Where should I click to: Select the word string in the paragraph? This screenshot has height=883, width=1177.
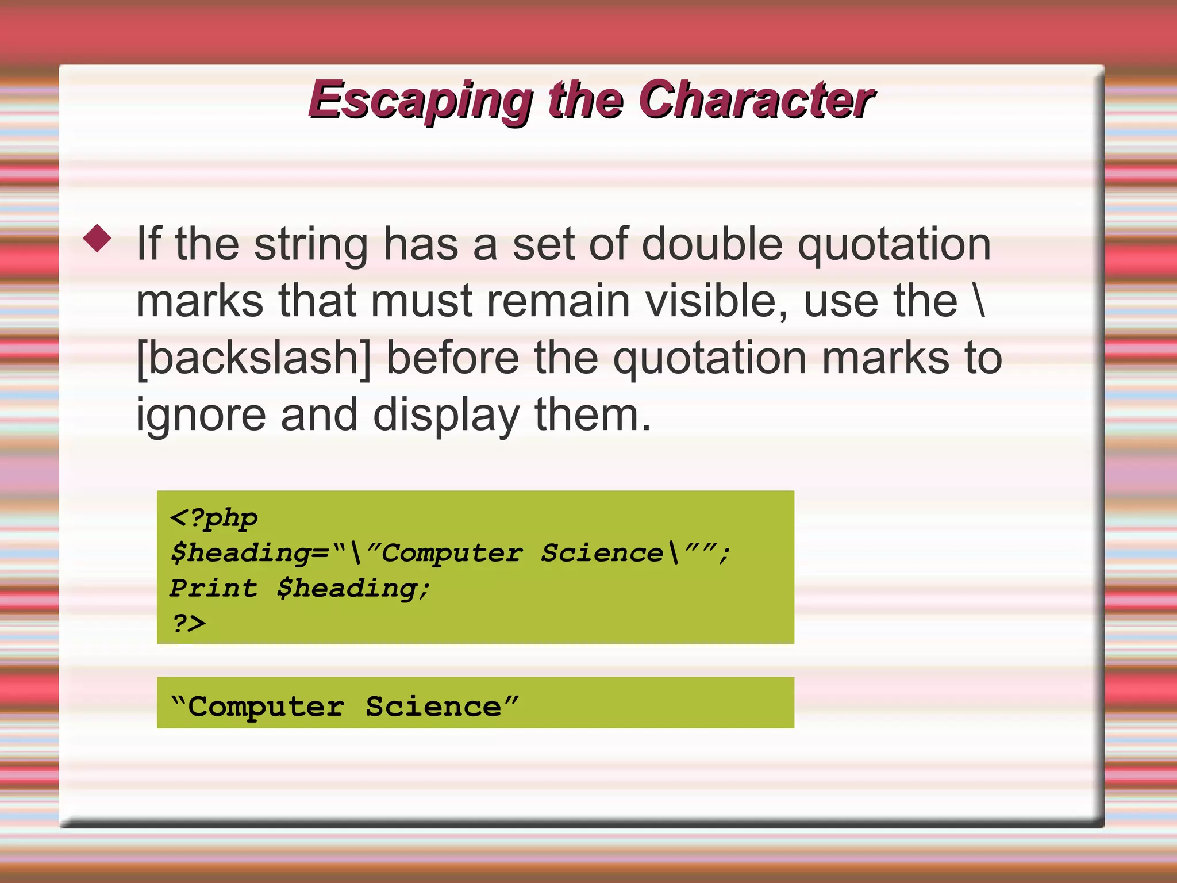[311, 245]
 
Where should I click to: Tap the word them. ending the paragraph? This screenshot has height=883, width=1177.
[593, 415]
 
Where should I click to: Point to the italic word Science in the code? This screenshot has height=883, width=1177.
[602, 553]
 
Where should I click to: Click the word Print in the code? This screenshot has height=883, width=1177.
[214, 588]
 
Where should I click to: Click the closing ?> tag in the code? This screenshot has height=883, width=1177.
[189, 623]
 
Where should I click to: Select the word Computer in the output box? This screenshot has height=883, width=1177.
[266, 707]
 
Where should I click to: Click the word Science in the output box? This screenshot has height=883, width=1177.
[433, 707]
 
